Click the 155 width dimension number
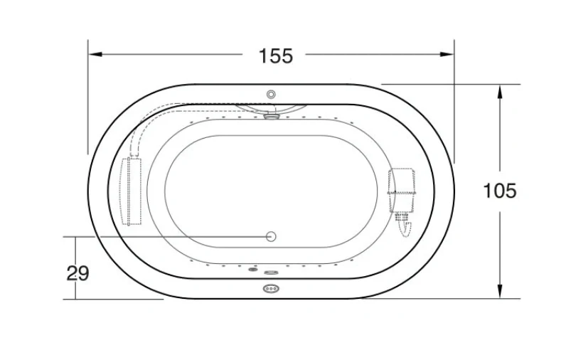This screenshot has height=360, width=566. (x=276, y=56)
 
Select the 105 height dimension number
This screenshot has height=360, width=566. (x=500, y=191)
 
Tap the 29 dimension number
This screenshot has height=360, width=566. (x=78, y=273)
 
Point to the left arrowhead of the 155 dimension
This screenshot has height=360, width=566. (x=96, y=55)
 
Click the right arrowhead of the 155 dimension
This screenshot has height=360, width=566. (x=447, y=55)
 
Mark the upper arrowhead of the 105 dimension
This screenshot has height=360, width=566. (x=500, y=92)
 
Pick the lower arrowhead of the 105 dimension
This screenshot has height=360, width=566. (x=500, y=291)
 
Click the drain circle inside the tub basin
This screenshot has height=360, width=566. (x=271, y=236)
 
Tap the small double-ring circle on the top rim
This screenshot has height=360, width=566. (x=271, y=95)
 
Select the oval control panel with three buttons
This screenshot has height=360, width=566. (x=271, y=289)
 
